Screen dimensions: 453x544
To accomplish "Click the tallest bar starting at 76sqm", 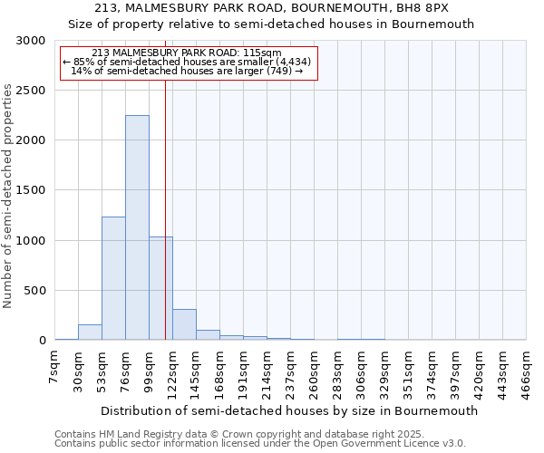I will (137, 227).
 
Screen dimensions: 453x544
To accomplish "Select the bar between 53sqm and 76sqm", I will (113, 278).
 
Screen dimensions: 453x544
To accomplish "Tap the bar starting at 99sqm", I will (160, 288).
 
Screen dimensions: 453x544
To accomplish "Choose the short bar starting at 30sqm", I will (90, 333).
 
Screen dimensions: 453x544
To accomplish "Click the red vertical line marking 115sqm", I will (165, 208).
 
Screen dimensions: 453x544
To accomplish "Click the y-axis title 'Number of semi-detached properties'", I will (8, 195).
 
